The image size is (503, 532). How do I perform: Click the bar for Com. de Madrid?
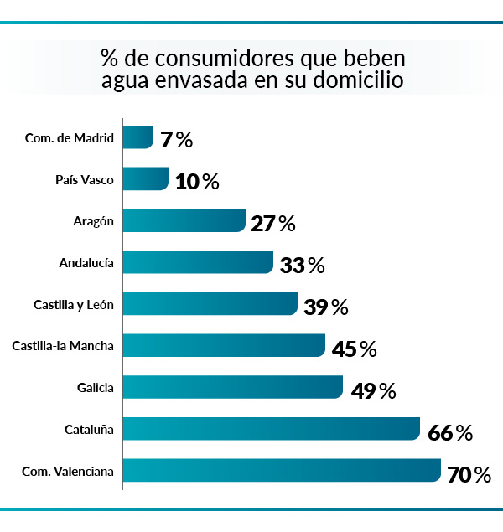[138, 137]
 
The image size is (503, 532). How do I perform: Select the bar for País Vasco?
[146, 179]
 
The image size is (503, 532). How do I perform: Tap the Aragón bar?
[184, 221]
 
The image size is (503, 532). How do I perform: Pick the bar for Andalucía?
[199, 262]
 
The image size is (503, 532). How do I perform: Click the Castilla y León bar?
[210, 303]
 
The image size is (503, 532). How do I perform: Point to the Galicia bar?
[233, 387]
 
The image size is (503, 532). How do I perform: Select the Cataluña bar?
[272, 429]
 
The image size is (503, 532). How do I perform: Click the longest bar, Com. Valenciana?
[282, 470]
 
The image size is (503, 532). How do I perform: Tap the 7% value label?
[176, 140]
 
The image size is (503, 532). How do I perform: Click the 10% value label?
[197, 182]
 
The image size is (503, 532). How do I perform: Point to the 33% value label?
[302, 266]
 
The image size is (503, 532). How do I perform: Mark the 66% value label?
[450, 433]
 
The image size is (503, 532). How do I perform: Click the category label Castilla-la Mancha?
[63, 345]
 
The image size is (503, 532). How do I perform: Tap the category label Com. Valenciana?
[68, 471]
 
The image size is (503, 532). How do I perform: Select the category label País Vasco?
[84, 179]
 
